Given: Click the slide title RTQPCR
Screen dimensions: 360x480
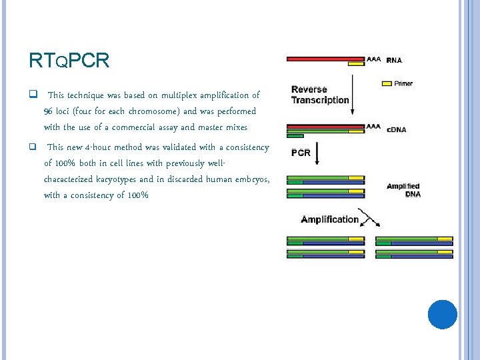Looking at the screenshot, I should coord(69,61).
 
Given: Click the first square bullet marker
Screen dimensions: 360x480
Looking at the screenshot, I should coord(33,95).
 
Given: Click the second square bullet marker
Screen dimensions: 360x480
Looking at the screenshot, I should coord(33,147).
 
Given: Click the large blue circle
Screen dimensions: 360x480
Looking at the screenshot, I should coord(442,314).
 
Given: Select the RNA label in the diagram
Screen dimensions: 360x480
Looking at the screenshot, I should coord(395,60).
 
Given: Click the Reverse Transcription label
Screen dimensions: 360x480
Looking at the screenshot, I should coord(319,95).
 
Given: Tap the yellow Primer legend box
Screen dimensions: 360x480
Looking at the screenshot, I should coord(386,84).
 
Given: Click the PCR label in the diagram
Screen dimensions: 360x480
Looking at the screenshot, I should coord(301,153).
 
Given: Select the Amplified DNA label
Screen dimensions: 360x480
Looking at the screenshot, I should coord(403,190).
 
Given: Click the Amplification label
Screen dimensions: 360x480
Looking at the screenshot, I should coord(329,219).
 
